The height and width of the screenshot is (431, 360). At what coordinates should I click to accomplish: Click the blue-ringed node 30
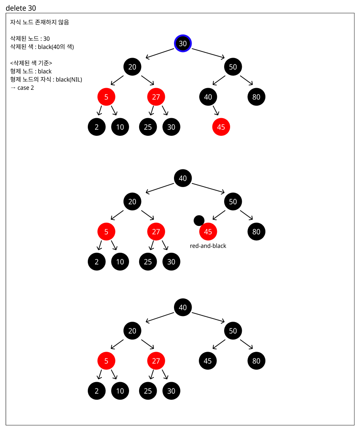pyautogui.click(x=183, y=43)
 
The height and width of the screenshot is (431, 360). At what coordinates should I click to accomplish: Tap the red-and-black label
pyautogui.click(x=208, y=246)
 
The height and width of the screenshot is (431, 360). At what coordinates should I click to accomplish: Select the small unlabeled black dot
pyautogui.click(x=199, y=220)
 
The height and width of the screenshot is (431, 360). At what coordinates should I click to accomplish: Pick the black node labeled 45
pyautogui.click(x=208, y=361)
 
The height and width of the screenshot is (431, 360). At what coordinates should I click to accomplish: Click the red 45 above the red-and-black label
pyautogui.click(x=208, y=232)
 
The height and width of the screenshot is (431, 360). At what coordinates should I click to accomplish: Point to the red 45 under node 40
pyautogui.click(x=221, y=127)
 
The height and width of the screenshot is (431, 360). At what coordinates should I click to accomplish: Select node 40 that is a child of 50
pyautogui.click(x=208, y=97)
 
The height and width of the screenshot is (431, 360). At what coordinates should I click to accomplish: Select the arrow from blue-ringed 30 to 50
pyautogui.click(x=208, y=54)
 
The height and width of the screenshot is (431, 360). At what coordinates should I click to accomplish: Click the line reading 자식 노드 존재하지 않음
pyautogui.click(x=39, y=22)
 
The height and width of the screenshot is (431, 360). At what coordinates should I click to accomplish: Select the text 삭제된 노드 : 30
pyautogui.click(x=30, y=39)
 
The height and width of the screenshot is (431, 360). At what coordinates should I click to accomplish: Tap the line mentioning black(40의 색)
pyautogui.click(x=42, y=47)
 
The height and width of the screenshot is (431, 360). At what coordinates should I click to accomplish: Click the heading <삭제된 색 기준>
pyautogui.click(x=31, y=63)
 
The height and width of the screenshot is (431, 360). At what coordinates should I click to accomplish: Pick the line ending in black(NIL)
pyautogui.click(x=46, y=79)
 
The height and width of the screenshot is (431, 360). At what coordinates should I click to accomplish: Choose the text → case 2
pyautogui.click(x=22, y=88)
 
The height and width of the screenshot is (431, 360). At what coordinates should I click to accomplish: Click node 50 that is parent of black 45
pyautogui.click(x=233, y=331)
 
